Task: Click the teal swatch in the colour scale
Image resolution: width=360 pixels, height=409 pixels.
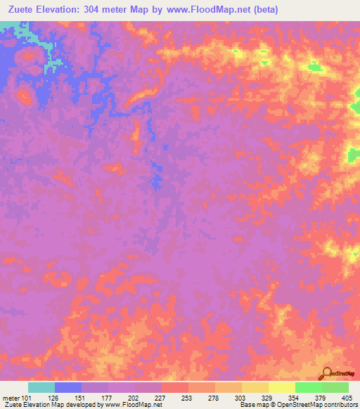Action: pyautogui.click(x=41, y=387)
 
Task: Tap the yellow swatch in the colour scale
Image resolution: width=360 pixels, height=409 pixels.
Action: pyautogui.click(x=281, y=387)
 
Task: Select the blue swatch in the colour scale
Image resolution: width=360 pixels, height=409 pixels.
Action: pyautogui.click(x=67, y=387)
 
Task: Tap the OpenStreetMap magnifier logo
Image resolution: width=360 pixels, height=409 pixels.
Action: pyautogui.click(x=328, y=373)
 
